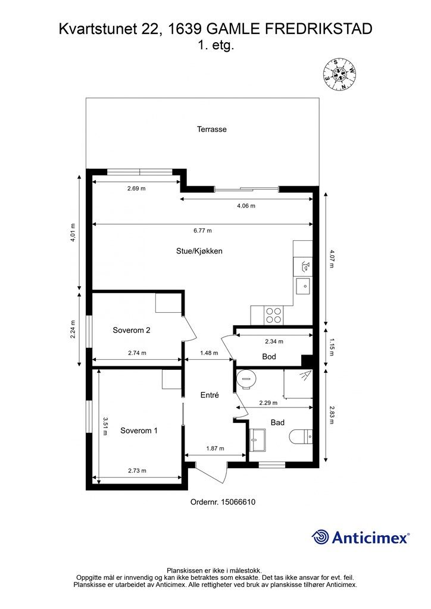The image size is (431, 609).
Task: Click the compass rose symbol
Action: [x=340, y=74]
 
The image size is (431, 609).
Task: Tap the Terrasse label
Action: [x=212, y=129]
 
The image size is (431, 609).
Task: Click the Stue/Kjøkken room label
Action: [x=199, y=252]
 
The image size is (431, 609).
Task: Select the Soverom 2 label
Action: [x=132, y=331]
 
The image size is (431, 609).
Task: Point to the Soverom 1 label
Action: [x=139, y=431]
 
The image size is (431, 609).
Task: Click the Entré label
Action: [x=210, y=395]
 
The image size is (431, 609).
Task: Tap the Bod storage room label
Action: [x=269, y=357]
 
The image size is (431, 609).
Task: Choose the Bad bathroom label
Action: [x=277, y=423]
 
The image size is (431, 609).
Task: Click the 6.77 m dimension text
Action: [x=203, y=231]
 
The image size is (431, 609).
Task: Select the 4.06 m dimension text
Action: [x=246, y=206]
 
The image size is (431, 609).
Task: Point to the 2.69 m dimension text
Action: [x=136, y=189]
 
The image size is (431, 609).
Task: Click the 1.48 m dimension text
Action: [x=209, y=353]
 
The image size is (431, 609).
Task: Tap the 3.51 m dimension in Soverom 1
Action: [x=105, y=426]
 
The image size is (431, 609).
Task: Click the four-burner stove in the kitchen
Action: [x=273, y=315]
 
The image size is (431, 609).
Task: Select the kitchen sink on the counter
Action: [x=304, y=287]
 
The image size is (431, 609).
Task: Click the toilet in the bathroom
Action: [x=301, y=438]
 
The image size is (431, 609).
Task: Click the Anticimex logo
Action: [x=360, y=538]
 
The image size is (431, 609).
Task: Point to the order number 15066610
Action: [x=223, y=502]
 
